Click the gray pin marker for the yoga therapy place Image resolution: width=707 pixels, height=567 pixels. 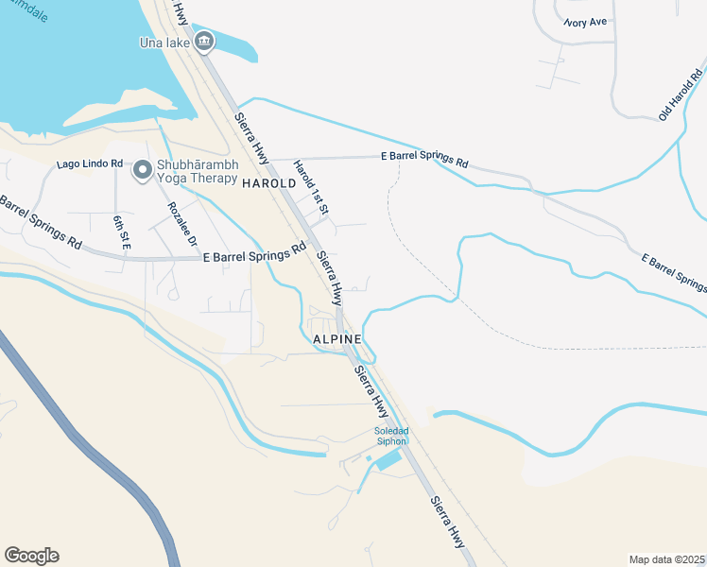pyautogui.click(x=143, y=170)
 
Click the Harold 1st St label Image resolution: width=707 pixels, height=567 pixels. pyautogui.click(x=309, y=187)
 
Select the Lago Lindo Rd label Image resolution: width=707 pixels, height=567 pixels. pyautogui.click(x=90, y=163)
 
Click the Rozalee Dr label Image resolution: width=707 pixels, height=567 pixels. pyautogui.click(x=181, y=223)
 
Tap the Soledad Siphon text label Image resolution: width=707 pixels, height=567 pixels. pyautogui.click(x=389, y=437)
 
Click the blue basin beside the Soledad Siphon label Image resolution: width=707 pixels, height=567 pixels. pyautogui.click(x=388, y=460)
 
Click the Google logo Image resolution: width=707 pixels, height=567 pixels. pyautogui.click(x=31, y=556)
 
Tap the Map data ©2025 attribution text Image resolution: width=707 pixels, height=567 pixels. pyautogui.click(x=666, y=559)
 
